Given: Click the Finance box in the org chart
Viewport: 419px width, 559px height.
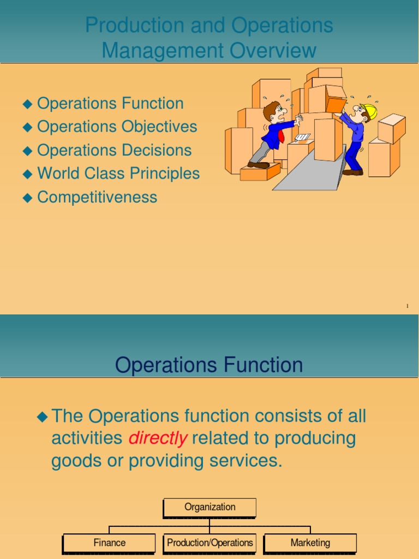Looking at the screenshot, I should [109, 543].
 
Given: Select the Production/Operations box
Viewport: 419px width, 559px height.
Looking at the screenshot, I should [209, 543].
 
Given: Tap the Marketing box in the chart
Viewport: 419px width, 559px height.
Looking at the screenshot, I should [310, 543].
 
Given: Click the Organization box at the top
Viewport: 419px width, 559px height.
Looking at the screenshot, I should [209, 507].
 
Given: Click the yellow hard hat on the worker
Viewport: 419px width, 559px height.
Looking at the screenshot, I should [369, 110].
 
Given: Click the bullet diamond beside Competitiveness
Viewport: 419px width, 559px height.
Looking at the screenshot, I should [28, 198].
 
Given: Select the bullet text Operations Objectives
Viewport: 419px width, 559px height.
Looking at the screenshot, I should [117, 127].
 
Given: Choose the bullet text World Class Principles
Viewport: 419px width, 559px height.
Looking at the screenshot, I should [118, 174].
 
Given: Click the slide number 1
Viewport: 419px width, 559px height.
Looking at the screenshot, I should [407, 306].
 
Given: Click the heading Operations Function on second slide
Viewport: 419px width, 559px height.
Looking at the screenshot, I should [209, 365].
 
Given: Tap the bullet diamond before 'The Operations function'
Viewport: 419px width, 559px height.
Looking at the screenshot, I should [42, 417].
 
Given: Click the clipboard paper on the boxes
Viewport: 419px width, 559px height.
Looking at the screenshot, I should [303, 136].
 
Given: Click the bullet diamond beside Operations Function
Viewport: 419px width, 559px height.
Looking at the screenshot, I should [28, 104].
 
